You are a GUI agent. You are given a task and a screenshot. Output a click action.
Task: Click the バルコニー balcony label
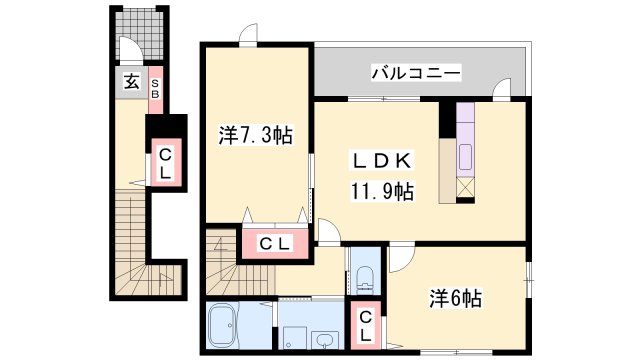416,72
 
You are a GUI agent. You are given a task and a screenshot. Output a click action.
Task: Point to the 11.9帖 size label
381,190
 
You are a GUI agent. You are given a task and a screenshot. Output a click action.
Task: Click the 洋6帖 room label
456,297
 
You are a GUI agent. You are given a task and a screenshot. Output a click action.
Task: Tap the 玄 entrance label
131,83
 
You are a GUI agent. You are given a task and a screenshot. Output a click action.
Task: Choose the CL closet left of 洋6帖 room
366,324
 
